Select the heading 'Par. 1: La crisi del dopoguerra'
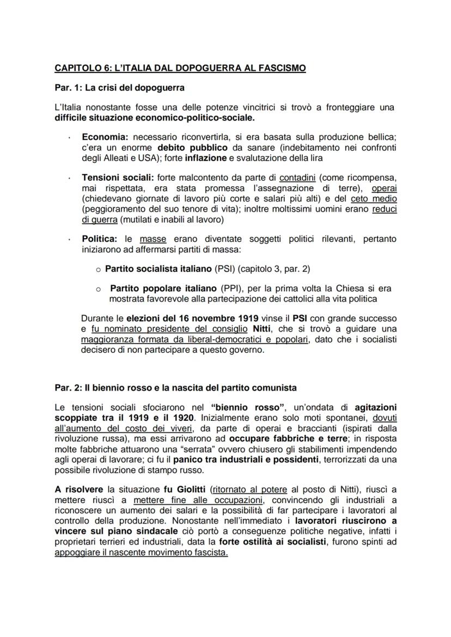[x=119, y=87]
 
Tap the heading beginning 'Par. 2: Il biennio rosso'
[x=175, y=388]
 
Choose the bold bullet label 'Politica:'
[x=101, y=239]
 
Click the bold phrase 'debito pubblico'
[x=189, y=148]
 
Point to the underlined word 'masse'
[x=153, y=239]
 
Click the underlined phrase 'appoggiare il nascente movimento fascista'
[x=141, y=553]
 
